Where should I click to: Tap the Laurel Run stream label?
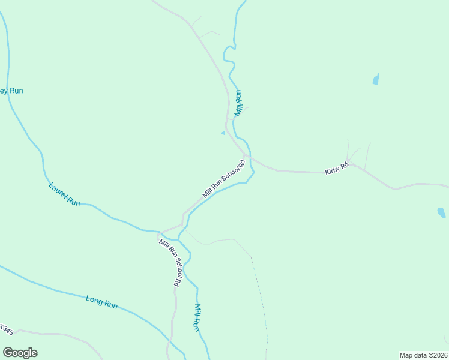click(64, 194)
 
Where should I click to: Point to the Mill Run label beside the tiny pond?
click(238, 103)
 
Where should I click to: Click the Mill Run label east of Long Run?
click(196, 317)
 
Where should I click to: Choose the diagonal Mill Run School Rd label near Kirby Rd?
click(224, 178)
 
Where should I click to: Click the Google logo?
click(20, 352)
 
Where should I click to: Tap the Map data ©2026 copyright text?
click(423, 355)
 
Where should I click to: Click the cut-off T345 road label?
click(6, 329)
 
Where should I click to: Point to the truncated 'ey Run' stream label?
click(11, 91)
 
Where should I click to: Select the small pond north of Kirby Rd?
click(376, 79)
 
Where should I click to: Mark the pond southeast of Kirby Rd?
click(441, 212)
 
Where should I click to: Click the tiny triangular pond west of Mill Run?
click(223, 133)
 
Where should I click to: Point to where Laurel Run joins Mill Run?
click(178, 239)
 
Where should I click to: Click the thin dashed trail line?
click(260, 294)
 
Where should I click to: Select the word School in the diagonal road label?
click(229, 174)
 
